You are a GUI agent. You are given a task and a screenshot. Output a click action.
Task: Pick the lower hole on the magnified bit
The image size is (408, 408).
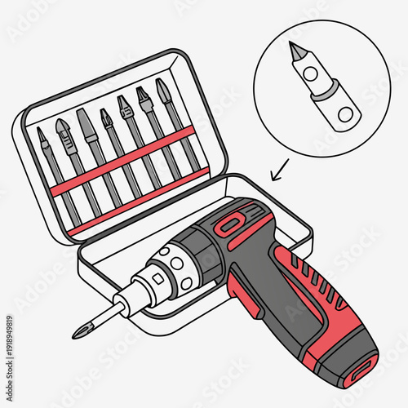(344, 113)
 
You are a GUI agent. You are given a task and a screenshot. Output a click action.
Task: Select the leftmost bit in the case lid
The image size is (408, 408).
(49, 163)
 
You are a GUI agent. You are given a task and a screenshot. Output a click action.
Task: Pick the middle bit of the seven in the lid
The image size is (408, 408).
(111, 147)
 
